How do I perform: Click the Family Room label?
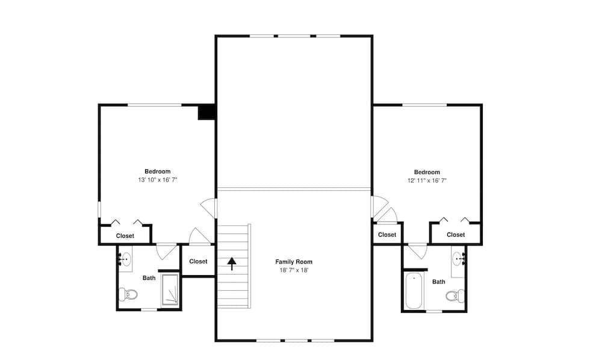(294, 262)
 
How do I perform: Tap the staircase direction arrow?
(231, 264)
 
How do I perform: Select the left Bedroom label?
(157, 172)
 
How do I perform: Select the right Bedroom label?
(427, 172)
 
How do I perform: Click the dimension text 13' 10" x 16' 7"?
(157, 180)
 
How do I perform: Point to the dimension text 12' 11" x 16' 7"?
(427, 180)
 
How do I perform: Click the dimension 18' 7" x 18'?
(294, 270)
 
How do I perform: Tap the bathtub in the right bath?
(414, 291)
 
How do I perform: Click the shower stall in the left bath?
(170, 290)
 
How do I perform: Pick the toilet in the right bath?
(455, 296)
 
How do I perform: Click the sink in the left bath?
(125, 259)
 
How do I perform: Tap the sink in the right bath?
(459, 259)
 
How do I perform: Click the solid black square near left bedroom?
(207, 112)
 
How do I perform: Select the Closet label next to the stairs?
(198, 261)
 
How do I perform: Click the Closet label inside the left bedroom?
(125, 236)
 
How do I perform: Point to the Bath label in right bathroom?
(439, 282)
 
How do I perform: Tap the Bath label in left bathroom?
(149, 278)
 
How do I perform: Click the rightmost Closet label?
(456, 235)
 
